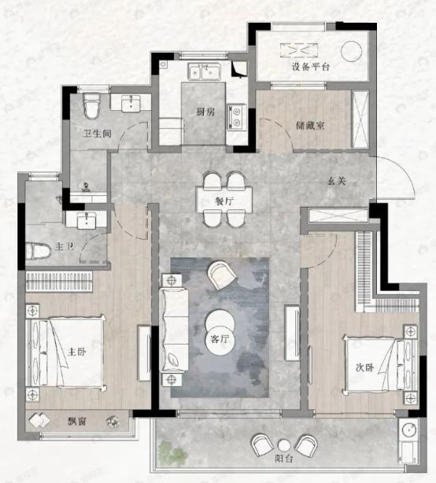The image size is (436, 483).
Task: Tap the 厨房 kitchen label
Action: pyautogui.click(x=207, y=112)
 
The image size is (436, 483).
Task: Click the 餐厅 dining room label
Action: pyautogui.click(x=224, y=201)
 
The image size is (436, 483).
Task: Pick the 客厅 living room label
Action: pyautogui.click(x=220, y=340)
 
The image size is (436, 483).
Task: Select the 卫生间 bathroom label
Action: pyautogui.click(x=97, y=133)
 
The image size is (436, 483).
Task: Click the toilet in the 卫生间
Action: pyautogui.click(x=92, y=103)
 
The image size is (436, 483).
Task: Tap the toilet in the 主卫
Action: pyautogui.click(x=38, y=251)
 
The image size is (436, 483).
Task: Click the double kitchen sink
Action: pyautogui.click(x=205, y=74)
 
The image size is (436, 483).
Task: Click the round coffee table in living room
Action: pyautogui.click(x=220, y=323)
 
